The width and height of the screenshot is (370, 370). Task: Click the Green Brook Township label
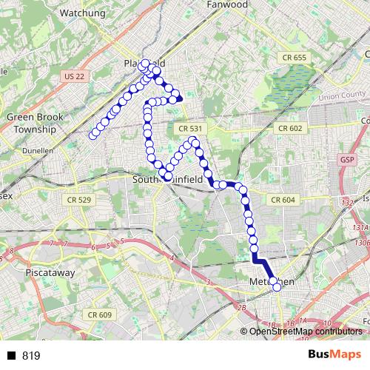[x=31, y=123]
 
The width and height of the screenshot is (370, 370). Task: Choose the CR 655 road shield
[x=293, y=58]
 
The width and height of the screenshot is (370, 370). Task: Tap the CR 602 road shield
[x=291, y=128]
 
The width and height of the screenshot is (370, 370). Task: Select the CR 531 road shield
[x=190, y=129]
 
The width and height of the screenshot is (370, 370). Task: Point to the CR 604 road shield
[x=283, y=200]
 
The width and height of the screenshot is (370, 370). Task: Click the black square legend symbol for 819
[x=11, y=356]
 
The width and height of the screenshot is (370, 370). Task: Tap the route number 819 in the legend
[x=31, y=356]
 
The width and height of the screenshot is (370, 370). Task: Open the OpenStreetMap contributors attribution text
[x=304, y=331]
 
